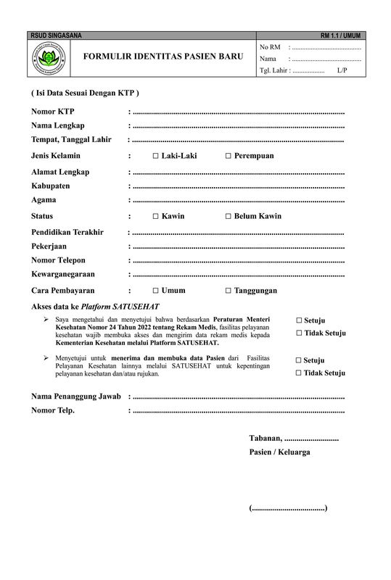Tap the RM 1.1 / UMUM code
click(x=340, y=36)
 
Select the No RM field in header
click(x=324, y=47)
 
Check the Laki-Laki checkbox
click(x=156, y=157)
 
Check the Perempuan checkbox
click(x=228, y=157)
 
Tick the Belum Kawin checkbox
click(x=228, y=217)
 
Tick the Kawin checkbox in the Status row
click(x=156, y=217)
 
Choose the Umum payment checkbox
click(x=156, y=291)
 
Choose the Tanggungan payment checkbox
click(x=228, y=291)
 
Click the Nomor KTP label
click(x=53, y=112)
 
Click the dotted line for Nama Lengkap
click(x=239, y=126)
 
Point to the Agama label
click(x=44, y=200)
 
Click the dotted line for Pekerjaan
click(x=239, y=246)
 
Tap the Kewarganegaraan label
click(x=63, y=275)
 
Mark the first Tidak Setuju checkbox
click(x=299, y=333)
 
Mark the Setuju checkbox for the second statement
click(x=299, y=360)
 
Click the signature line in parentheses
click(x=288, y=508)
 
